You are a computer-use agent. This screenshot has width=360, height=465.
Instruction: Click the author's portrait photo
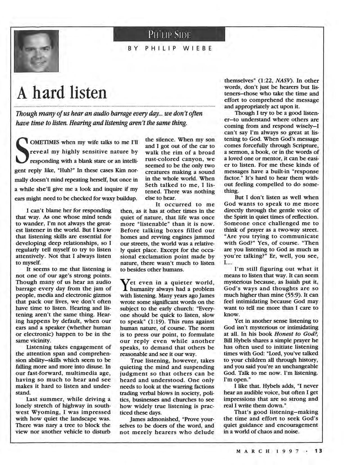tap(36, 51)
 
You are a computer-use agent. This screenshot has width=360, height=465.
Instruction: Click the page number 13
tap(318, 451)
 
